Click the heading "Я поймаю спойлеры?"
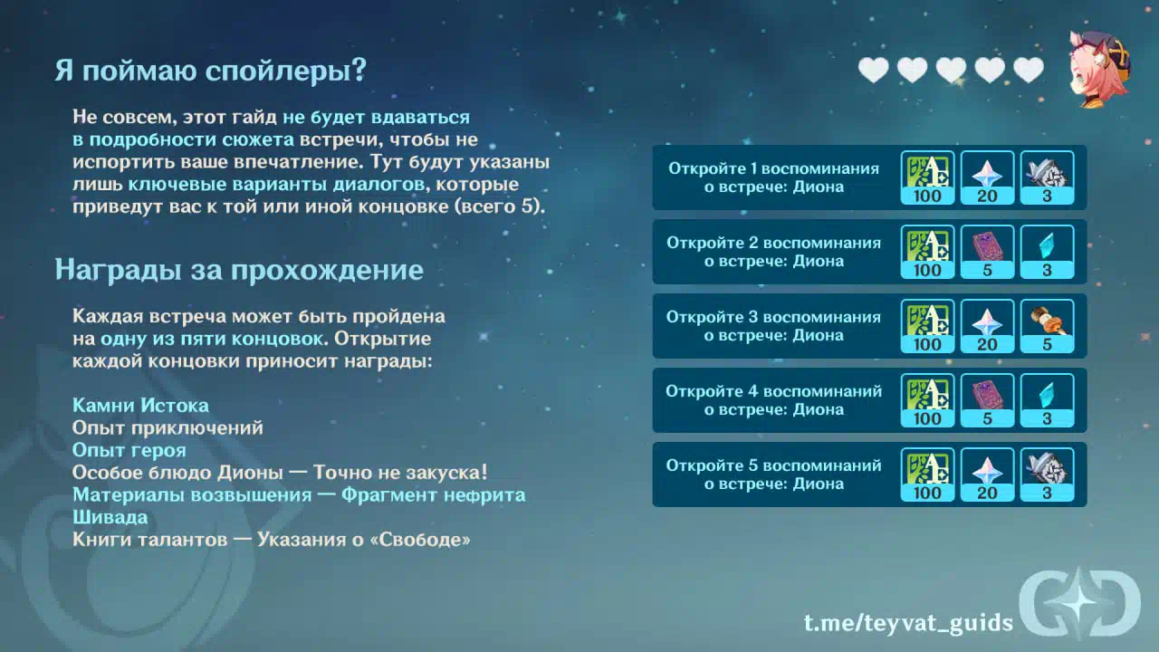pyautogui.click(x=211, y=70)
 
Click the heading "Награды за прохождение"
pyautogui.click(x=239, y=270)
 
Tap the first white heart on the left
pyautogui.click(x=874, y=70)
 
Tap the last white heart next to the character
pyautogui.click(x=1029, y=70)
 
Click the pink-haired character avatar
pyautogui.click(x=1100, y=69)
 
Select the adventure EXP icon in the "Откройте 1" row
pyautogui.click(x=927, y=177)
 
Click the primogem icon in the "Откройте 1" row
pyautogui.click(x=987, y=177)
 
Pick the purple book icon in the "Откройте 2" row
pyautogui.click(x=987, y=252)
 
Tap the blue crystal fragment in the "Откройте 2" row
pyautogui.click(x=1047, y=252)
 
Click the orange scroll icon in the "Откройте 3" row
pyautogui.click(x=1047, y=326)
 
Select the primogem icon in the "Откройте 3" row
pyautogui.click(x=987, y=326)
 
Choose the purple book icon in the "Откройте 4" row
pyautogui.click(x=987, y=400)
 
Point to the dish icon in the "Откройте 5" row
pyautogui.click(x=1047, y=475)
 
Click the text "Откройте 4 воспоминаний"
pyautogui.click(x=773, y=391)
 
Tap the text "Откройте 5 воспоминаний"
pyautogui.click(x=773, y=465)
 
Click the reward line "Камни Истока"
pyautogui.click(x=140, y=405)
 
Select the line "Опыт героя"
pyautogui.click(x=129, y=450)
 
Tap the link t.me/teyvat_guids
pyautogui.click(x=908, y=622)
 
